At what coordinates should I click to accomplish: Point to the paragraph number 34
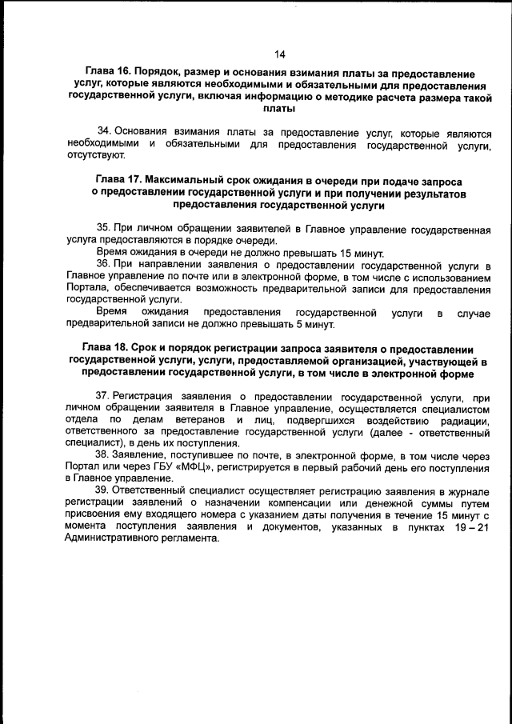tap(103, 131)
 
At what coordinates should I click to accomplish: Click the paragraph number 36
tap(103, 263)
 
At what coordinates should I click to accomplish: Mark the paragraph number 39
tap(103, 490)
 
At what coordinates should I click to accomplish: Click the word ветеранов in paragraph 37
tap(190, 420)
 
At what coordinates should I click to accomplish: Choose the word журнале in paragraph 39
tap(464, 490)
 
